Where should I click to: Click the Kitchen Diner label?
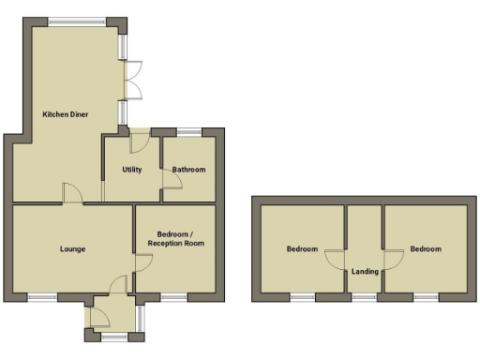pyautogui.click(x=65, y=114)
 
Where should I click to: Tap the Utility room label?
pyautogui.click(x=131, y=170)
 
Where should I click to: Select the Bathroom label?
pyautogui.click(x=188, y=170)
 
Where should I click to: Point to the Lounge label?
pyautogui.click(x=72, y=249)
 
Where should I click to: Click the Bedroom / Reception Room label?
pyautogui.click(x=175, y=238)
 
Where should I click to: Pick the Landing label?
pyautogui.click(x=365, y=273)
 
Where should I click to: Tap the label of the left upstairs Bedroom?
pyautogui.click(x=302, y=249)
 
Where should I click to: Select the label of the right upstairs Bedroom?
pyautogui.click(x=425, y=249)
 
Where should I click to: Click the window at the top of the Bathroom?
pyautogui.click(x=188, y=131)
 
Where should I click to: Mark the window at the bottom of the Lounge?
pyautogui.click(x=41, y=297)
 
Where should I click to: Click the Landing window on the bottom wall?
pyautogui.click(x=365, y=297)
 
